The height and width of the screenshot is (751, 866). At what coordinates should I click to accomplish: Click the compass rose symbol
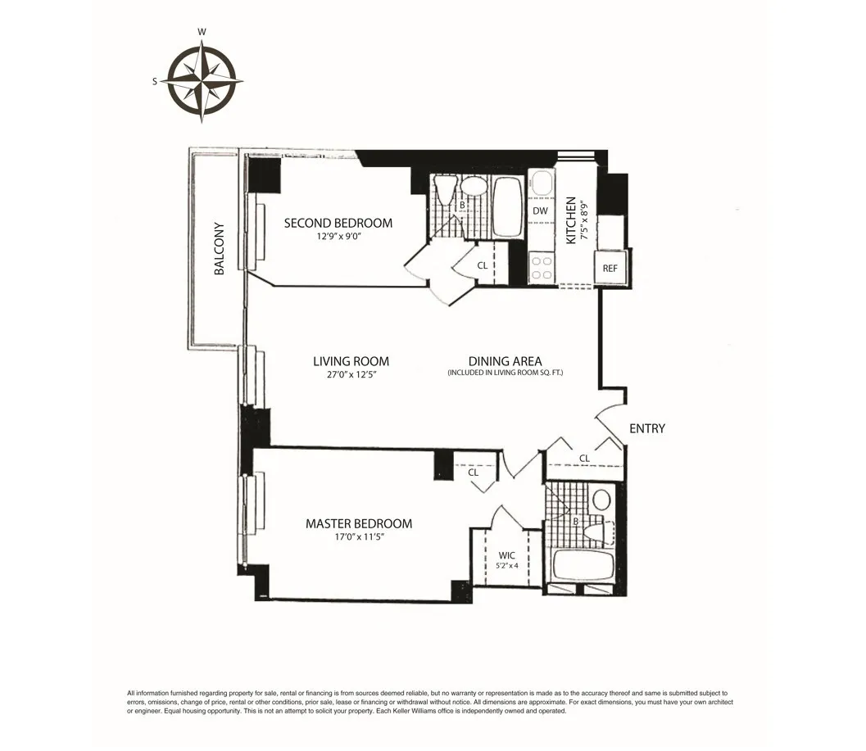pos(202,80)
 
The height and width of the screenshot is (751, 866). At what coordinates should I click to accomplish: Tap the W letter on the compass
pos(202,33)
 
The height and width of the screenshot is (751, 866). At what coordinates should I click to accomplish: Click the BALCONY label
pos(219,248)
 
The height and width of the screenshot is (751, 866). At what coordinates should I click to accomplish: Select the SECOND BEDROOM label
pos(338,223)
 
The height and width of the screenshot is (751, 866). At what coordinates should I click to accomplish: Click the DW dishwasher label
pos(540,211)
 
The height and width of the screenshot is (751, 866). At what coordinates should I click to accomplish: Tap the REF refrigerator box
pos(610,269)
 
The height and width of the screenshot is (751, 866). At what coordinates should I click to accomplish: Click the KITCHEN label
pos(572,220)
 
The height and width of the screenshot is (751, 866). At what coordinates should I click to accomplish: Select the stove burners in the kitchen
pos(541,268)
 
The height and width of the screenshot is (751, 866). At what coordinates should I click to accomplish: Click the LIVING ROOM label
pos(351,361)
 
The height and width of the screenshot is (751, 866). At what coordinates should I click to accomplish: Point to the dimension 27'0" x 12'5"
pos(351,375)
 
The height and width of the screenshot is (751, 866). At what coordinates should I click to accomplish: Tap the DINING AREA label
pos(505,361)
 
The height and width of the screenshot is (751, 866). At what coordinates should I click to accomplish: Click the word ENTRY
pos(647,428)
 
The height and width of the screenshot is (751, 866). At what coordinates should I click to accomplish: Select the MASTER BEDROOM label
pos(359,523)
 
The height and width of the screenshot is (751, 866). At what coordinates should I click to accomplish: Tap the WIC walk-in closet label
pos(506,554)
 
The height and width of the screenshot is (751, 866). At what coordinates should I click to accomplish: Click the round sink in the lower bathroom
pos(602,499)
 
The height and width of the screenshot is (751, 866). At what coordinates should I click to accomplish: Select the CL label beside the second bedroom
pos(483,265)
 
